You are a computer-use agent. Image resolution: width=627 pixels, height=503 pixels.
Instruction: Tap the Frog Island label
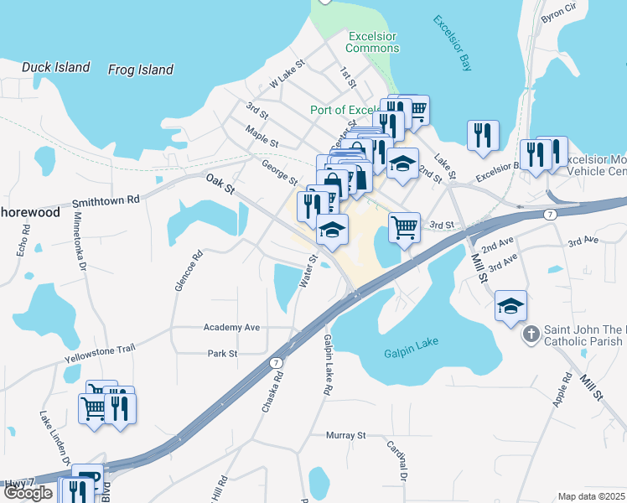(x=141, y=70)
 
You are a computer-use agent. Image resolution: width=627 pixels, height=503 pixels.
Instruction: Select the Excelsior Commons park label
(x=374, y=42)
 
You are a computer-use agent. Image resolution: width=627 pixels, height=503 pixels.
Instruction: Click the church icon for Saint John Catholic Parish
(x=531, y=335)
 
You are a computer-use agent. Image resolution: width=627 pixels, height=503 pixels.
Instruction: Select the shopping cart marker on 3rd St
(x=404, y=226)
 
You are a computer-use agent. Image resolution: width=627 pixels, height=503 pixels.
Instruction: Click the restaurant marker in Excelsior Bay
(x=483, y=135)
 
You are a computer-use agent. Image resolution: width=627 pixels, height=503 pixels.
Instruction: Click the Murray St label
(x=347, y=435)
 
